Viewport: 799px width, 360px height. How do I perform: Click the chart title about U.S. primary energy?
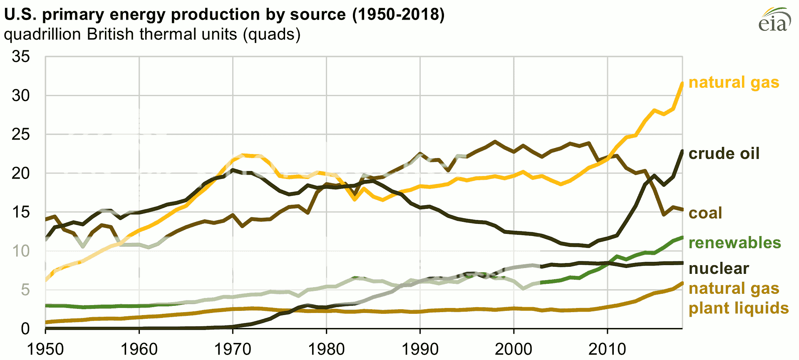click(224, 15)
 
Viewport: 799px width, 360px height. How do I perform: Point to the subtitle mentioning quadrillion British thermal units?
click(152, 34)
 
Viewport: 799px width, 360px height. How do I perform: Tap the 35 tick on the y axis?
click(21, 57)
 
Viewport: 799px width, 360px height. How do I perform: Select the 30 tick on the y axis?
click(21, 96)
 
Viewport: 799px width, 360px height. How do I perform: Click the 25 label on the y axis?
click(21, 134)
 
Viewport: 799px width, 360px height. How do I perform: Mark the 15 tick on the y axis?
click(21, 212)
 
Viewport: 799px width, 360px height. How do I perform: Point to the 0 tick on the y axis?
click(25, 329)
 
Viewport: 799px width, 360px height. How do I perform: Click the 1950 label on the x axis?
click(45, 349)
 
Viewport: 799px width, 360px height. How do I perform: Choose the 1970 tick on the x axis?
click(233, 349)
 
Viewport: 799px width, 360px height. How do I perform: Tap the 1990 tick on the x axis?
click(420, 349)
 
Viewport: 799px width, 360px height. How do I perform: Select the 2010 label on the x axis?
click(607, 349)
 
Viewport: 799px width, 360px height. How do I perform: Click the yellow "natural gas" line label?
click(734, 82)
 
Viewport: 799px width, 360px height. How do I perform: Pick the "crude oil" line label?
click(724, 154)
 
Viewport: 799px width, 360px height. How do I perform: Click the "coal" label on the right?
click(705, 213)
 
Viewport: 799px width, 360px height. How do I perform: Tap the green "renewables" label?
click(734, 243)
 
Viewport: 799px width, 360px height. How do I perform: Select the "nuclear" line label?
click(719, 268)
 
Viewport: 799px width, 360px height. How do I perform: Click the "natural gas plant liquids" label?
click(738, 298)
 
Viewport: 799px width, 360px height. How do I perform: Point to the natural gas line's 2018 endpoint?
click(682, 83)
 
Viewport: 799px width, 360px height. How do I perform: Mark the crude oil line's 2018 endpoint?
click(682, 151)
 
